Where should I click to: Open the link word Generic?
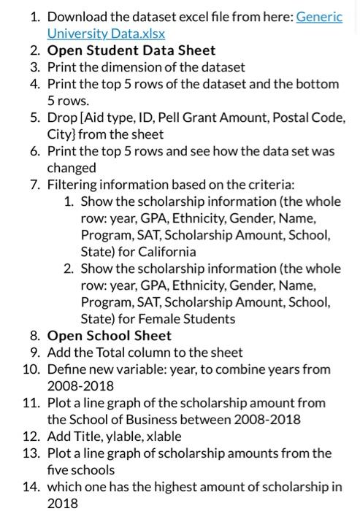(319, 17)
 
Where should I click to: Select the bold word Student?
(110, 50)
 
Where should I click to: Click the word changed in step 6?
(71, 168)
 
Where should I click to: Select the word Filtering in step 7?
(74, 185)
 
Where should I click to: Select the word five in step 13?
(60, 470)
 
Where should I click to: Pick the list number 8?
(34, 336)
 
